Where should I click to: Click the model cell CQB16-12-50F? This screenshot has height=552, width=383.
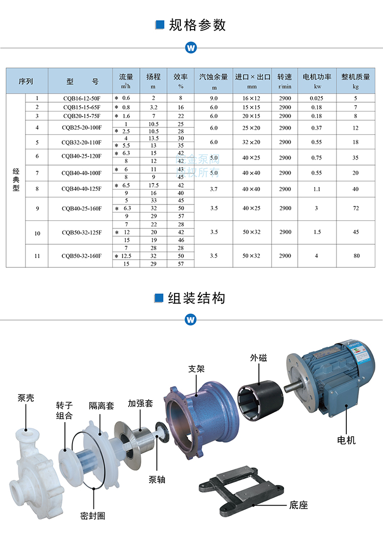click(80, 98)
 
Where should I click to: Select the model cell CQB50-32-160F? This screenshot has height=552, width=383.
click(80, 256)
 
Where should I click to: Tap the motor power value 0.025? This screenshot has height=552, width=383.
click(317, 98)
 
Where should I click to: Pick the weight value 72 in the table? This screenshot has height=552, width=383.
click(356, 208)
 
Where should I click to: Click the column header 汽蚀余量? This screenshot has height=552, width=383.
click(213, 80)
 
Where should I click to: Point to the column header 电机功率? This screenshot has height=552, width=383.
click(317, 80)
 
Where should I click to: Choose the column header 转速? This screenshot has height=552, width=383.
click(284, 80)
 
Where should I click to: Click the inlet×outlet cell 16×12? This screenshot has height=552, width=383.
click(251, 98)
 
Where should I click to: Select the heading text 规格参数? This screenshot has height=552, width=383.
click(197, 25)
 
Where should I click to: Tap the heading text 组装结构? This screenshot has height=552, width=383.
click(197, 298)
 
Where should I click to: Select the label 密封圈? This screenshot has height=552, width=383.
click(93, 515)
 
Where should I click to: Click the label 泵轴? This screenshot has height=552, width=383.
click(157, 479)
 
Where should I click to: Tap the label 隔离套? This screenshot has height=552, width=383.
click(102, 405)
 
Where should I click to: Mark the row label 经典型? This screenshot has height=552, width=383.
click(16, 180)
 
